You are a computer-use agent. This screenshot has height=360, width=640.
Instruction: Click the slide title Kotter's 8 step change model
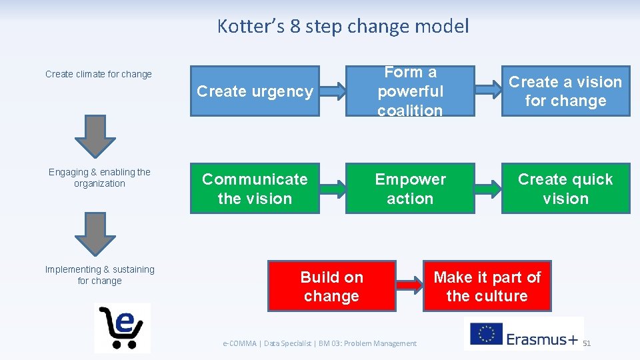click(343, 27)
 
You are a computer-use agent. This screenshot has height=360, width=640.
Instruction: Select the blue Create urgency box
click(255, 91)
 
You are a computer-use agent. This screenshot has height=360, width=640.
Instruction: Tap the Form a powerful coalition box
click(410, 91)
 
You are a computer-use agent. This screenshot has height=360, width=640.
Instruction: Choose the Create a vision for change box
click(565, 91)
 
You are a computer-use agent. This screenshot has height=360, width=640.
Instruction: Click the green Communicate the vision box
click(255, 189)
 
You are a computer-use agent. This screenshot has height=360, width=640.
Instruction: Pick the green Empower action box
click(410, 189)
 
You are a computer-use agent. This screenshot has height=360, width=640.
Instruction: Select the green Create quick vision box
click(565, 189)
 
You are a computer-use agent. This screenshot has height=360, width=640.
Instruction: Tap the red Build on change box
click(331, 286)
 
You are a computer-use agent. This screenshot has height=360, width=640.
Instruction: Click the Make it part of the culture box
click(487, 286)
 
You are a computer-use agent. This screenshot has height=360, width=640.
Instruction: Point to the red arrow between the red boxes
click(410, 286)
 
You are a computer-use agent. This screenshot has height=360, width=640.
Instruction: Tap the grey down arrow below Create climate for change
click(95, 137)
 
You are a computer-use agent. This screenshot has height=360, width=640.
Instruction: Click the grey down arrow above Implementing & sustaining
click(95, 235)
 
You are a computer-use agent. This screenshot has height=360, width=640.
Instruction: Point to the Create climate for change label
click(99, 74)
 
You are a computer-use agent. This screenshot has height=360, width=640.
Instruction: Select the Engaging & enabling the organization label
click(99, 178)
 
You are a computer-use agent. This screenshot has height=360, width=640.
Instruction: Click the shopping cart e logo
click(122, 327)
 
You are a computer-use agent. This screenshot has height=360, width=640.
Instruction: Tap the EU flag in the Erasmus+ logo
click(486, 333)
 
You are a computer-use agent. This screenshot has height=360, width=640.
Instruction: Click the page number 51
click(587, 343)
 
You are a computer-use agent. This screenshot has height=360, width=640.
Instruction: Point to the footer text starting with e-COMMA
click(319, 343)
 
